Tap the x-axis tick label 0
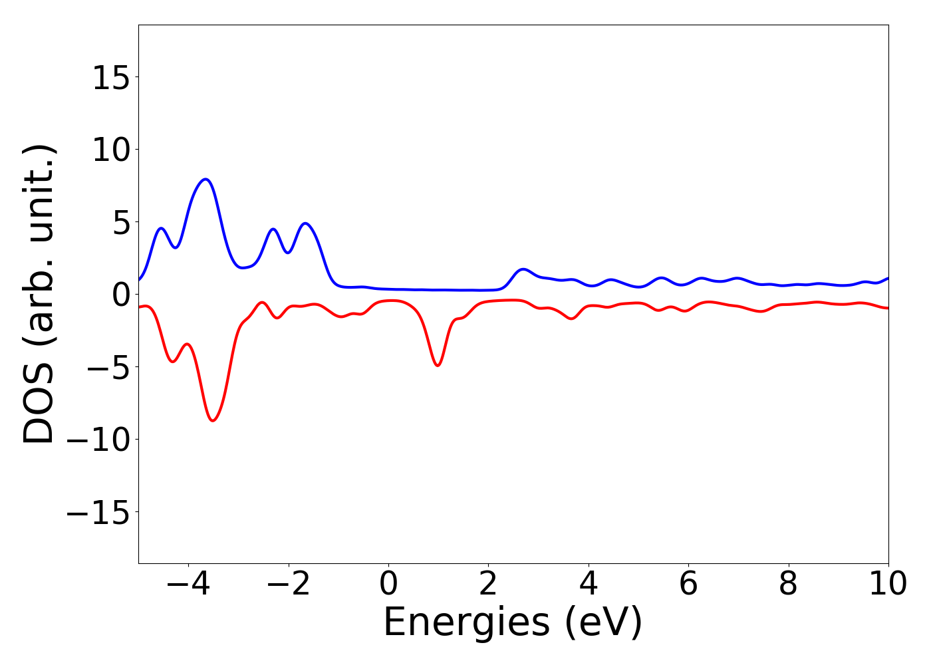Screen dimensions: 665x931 point(388,585)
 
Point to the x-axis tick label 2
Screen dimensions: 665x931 point(488,585)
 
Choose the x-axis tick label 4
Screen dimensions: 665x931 point(589,585)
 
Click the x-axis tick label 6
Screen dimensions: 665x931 point(688,585)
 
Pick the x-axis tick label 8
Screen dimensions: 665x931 point(788,585)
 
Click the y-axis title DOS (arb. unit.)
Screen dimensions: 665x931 point(40,294)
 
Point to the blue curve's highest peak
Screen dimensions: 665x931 point(206,179)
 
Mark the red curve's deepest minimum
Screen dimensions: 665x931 point(213,420)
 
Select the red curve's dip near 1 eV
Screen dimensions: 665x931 point(438,365)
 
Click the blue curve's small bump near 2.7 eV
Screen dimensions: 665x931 point(523,269)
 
